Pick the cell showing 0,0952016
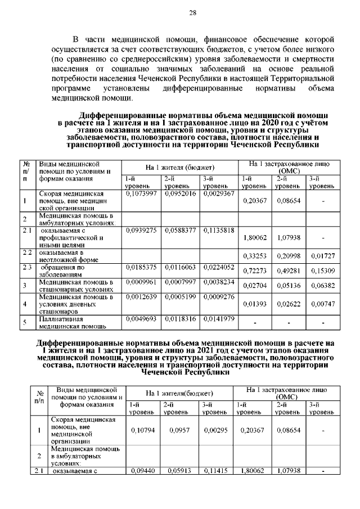click(180, 193)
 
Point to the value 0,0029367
click(218, 193)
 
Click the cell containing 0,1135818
click(218, 230)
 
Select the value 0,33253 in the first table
click(254, 256)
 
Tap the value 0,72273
click(254, 271)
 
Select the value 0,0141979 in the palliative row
click(218, 318)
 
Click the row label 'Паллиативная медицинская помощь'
click(68, 322)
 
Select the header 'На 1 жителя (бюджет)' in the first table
click(180, 168)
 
